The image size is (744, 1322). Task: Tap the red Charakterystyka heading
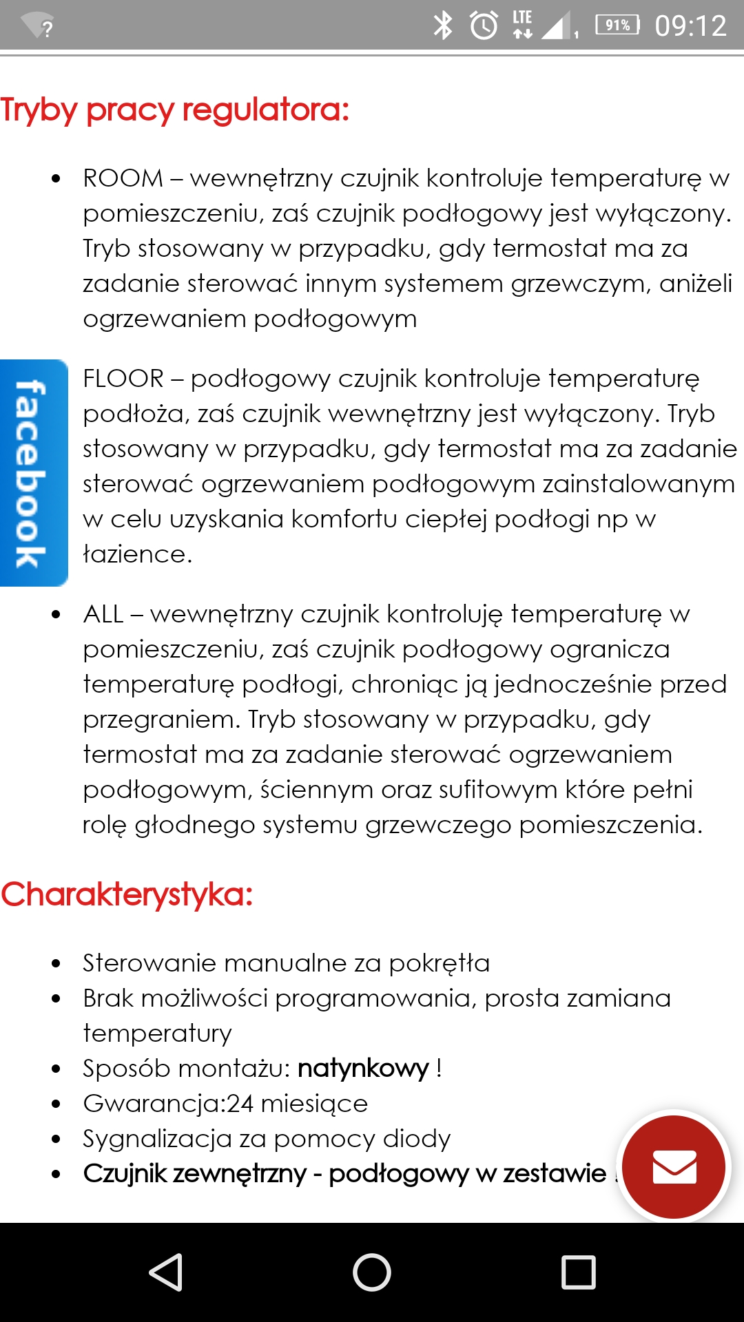pyautogui.click(x=127, y=895)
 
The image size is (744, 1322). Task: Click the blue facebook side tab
pyautogui.click(x=32, y=473)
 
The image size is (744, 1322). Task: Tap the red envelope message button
pyautogui.click(x=674, y=1167)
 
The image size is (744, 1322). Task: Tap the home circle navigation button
pyautogui.click(x=372, y=1272)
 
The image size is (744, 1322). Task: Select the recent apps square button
pyautogui.click(x=578, y=1272)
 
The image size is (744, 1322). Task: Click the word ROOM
pyautogui.click(x=123, y=178)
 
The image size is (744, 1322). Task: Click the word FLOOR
pyautogui.click(x=123, y=379)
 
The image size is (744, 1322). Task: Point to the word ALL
pyautogui.click(x=103, y=614)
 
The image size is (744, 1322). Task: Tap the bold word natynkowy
pyautogui.click(x=363, y=1069)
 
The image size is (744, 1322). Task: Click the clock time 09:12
pyautogui.click(x=690, y=26)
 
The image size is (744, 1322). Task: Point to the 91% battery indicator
pyautogui.click(x=617, y=25)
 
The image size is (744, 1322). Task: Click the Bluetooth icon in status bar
pyautogui.click(x=442, y=25)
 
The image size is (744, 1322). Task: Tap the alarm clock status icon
pyautogui.click(x=484, y=25)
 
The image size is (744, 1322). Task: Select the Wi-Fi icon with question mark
pyautogui.click(x=38, y=26)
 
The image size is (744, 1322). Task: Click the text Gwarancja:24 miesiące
pyautogui.click(x=225, y=1104)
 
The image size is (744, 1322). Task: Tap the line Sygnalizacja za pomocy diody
pyautogui.click(x=267, y=1139)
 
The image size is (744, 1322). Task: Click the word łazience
pyautogui.click(x=136, y=554)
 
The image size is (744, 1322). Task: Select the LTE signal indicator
pyautogui.click(x=522, y=24)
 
